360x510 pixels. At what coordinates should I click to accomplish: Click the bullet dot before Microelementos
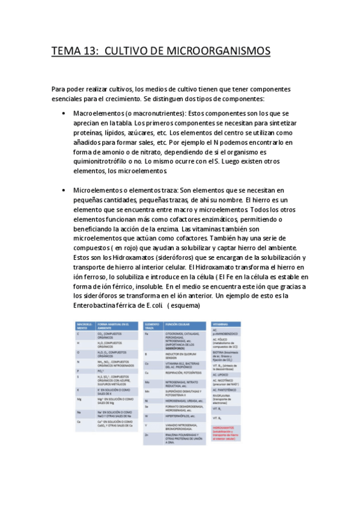tap(64, 190)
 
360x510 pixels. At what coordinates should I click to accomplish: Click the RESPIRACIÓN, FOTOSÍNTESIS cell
tap(184, 373)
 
